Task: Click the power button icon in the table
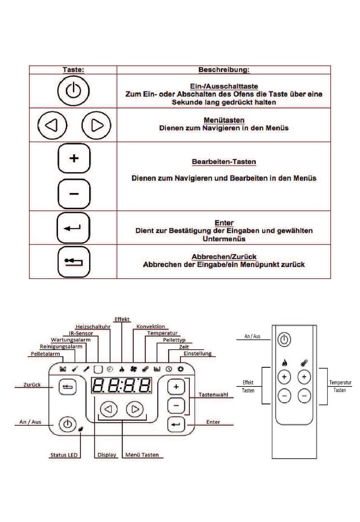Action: pyautogui.click(x=74, y=91)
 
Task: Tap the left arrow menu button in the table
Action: pyautogui.click(x=52, y=125)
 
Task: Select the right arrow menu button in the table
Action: pyautogui.click(x=96, y=125)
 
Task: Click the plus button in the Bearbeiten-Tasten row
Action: pyautogui.click(x=74, y=158)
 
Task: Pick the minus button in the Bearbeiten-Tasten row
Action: pyautogui.click(x=74, y=194)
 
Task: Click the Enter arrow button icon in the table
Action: pyautogui.click(x=74, y=228)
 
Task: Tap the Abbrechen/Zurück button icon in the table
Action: pyautogui.click(x=74, y=262)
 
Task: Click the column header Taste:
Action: pyautogui.click(x=74, y=70)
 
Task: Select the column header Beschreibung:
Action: pyautogui.click(x=224, y=70)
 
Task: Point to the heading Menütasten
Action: pyautogui.click(x=224, y=120)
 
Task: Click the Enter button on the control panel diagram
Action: pyautogui.click(x=176, y=424)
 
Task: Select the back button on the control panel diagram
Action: pyautogui.click(x=67, y=387)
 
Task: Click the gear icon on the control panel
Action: pyautogui.click(x=181, y=369)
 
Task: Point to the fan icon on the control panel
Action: pyautogui.click(x=133, y=369)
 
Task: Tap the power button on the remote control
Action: pyautogui.click(x=284, y=339)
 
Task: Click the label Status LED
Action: pyautogui.click(x=64, y=455)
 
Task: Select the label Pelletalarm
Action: pyautogui.click(x=45, y=354)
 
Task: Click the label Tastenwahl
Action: pyautogui.click(x=213, y=394)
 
